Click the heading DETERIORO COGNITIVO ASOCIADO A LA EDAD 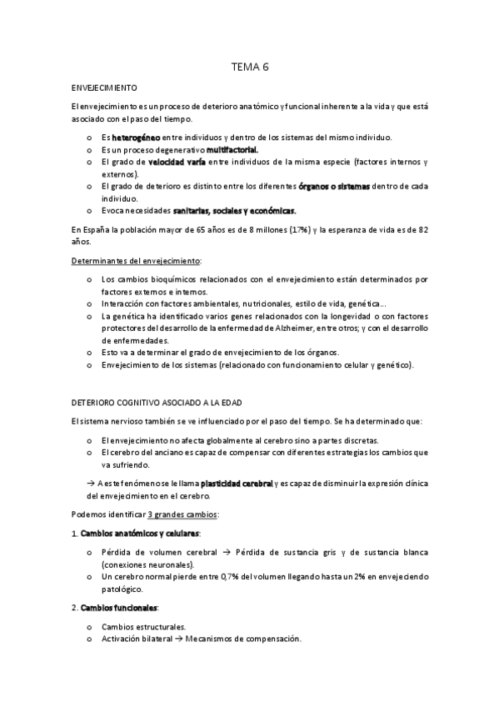(x=157, y=404)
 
